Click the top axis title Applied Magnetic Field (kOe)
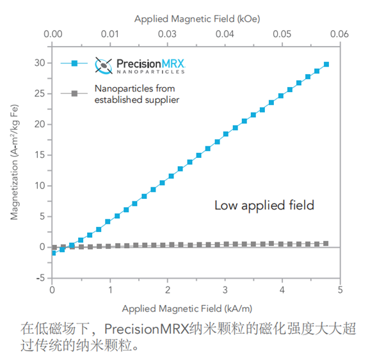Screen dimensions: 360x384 (196, 19)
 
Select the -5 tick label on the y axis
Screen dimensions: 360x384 (40, 278)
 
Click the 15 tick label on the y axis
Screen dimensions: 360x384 (40, 155)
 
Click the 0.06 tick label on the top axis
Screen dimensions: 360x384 (339, 33)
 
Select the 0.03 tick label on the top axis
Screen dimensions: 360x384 (168, 33)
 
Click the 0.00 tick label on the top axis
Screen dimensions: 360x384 (53, 33)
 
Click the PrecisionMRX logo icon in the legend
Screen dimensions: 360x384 (103, 65)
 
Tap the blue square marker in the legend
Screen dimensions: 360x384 (74, 63)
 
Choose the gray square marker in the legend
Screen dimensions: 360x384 (74, 94)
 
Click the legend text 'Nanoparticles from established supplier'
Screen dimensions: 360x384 (136, 93)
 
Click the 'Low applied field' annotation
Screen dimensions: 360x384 (264, 205)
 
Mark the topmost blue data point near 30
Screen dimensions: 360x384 (326, 64)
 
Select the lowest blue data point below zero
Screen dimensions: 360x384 (53, 253)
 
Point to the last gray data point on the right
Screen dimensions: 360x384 (326, 243)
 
